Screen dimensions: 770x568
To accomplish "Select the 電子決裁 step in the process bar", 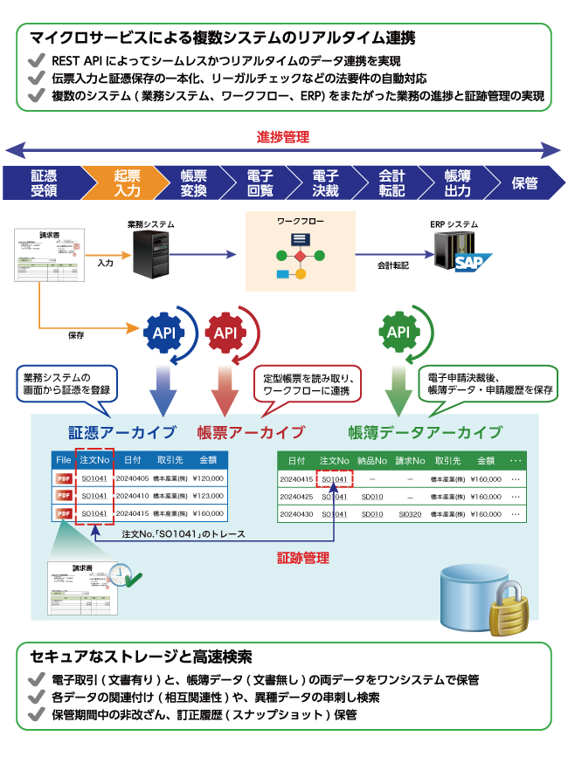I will coord(325,183).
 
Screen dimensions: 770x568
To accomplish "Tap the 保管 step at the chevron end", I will coord(524,183).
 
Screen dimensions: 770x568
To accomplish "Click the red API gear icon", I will coord(225,333).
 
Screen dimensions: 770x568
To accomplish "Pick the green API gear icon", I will coord(398,332).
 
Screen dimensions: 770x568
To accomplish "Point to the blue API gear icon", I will coord(164,332).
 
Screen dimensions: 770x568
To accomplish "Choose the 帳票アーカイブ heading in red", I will coord(251,432).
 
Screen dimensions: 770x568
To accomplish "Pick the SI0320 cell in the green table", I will coord(409,514).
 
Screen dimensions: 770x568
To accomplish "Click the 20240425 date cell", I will coord(296,497).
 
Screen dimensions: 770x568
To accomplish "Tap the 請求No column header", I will coord(409,460).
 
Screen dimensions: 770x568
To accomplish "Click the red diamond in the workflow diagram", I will coord(300,256).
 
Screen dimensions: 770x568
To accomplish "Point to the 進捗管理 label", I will coord(282,137).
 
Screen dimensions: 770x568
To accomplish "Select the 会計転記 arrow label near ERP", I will coord(393,264).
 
